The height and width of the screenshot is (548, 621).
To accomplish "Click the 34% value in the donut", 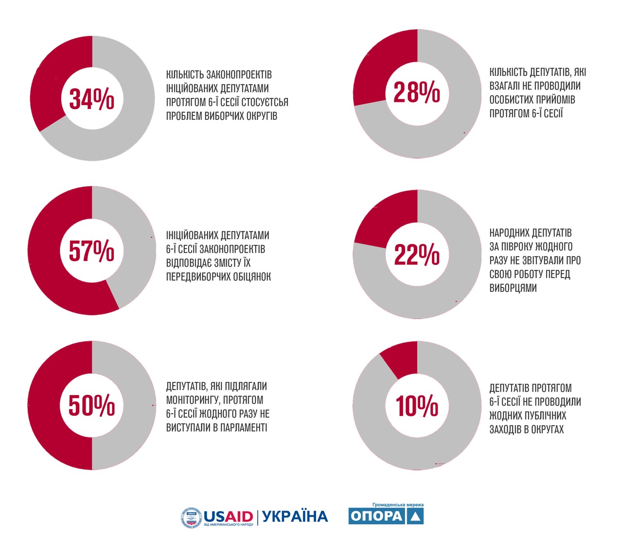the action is coord(91,99).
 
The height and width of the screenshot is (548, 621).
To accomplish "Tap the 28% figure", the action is coord(417,92).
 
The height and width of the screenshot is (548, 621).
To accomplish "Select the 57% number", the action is coord(91,251).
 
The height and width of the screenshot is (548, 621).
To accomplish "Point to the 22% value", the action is coord(417,254).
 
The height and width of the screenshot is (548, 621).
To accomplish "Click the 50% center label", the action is coord(91,405).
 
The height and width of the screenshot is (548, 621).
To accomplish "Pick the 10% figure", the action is coord(417,406).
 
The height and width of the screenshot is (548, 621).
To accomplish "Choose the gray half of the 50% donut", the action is coord(124,405).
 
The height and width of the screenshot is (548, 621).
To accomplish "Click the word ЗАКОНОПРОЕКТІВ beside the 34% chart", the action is coord(239,75).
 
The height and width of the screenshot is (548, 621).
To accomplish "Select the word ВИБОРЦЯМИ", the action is coord(513,288).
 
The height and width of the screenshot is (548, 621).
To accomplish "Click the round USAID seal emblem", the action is coord(191,518).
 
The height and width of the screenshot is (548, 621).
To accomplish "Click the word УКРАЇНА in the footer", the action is coord(295,516).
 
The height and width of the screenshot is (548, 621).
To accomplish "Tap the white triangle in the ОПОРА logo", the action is coord(415,516).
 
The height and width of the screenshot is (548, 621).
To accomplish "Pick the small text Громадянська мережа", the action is coord(398,505).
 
